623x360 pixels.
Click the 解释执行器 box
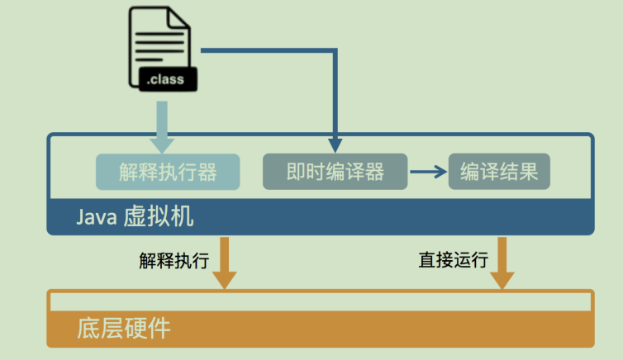click(x=168, y=172)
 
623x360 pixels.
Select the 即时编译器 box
click(x=335, y=172)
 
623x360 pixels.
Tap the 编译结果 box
click(x=499, y=172)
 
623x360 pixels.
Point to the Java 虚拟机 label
click(x=136, y=217)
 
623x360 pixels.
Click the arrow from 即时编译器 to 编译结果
click(x=428, y=172)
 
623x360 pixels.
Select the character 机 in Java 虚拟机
click(x=183, y=217)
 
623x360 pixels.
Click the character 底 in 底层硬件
click(x=89, y=328)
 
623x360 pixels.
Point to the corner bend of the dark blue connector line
click(x=335, y=51)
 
